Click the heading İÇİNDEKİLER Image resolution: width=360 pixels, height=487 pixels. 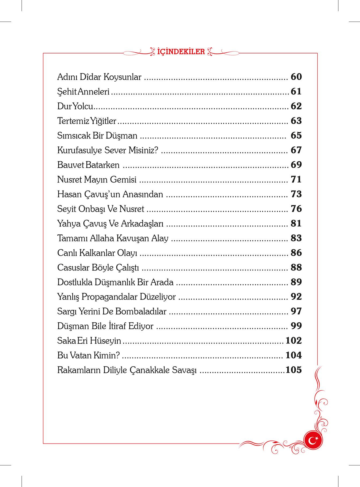point(181,51)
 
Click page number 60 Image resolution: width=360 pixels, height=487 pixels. point(296,77)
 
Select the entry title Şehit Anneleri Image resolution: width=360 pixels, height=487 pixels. point(83,92)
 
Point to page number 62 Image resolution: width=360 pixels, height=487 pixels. point(296,106)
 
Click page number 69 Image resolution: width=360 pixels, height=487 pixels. point(296,165)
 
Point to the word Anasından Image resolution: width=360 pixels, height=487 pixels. point(143,194)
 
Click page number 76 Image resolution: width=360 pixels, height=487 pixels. point(296,209)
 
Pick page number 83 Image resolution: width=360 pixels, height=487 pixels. point(296,238)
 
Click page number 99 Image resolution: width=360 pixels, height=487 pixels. point(296,326)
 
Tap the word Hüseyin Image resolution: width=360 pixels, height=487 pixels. point(105,341)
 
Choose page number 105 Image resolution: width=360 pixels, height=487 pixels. point(294,370)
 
